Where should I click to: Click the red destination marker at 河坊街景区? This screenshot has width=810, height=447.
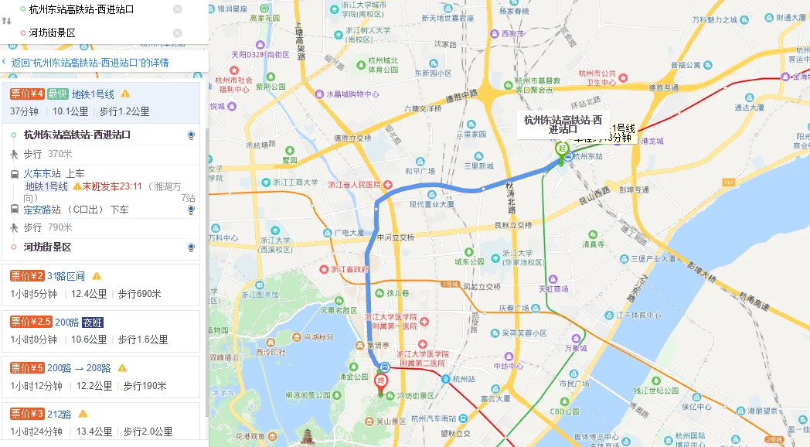pyautogui.click(x=380, y=381)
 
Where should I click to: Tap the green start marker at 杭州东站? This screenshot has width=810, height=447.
pyautogui.click(x=562, y=151)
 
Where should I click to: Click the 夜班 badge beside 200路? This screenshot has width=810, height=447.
pyautogui.click(x=93, y=322)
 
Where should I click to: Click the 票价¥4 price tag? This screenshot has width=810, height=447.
pyautogui.click(x=27, y=94)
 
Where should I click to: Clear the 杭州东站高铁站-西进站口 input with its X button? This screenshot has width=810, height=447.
pyautogui.click(x=178, y=9)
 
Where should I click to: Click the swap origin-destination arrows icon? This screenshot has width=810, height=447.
pyautogui.click(x=7, y=21)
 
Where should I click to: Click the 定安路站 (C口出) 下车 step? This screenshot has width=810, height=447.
pyautogui.click(x=76, y=210)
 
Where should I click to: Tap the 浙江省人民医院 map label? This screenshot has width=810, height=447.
pyautogui.click(x=355, y=185)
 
